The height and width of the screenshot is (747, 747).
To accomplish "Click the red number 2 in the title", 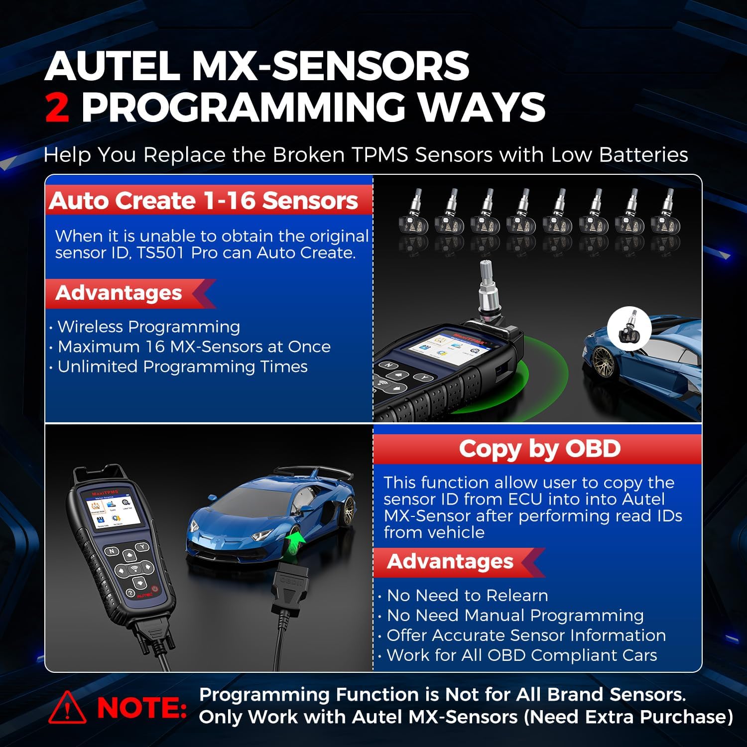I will click(57, 108).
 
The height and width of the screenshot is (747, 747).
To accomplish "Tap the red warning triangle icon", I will click(67, 708).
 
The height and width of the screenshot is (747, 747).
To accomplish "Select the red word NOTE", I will click(142, 708).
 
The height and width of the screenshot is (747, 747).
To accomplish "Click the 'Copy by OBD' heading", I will click(539, 449).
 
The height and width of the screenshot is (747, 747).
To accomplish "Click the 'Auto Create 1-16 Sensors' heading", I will click(203, 201).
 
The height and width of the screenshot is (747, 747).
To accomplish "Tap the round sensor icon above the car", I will click(629, 328).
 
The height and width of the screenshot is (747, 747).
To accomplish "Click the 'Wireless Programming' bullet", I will click(148, 327).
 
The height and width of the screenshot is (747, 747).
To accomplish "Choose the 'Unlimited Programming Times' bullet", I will click(182, 367).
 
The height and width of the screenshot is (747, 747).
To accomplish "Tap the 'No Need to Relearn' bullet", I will click(467, 595).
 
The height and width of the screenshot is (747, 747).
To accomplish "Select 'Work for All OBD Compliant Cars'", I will click(522, 655).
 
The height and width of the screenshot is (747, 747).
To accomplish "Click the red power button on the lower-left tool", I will click(154, 589).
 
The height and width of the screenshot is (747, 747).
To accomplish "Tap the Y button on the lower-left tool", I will click(143, 547).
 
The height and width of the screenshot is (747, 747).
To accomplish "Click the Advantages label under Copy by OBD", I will click(450, 561).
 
